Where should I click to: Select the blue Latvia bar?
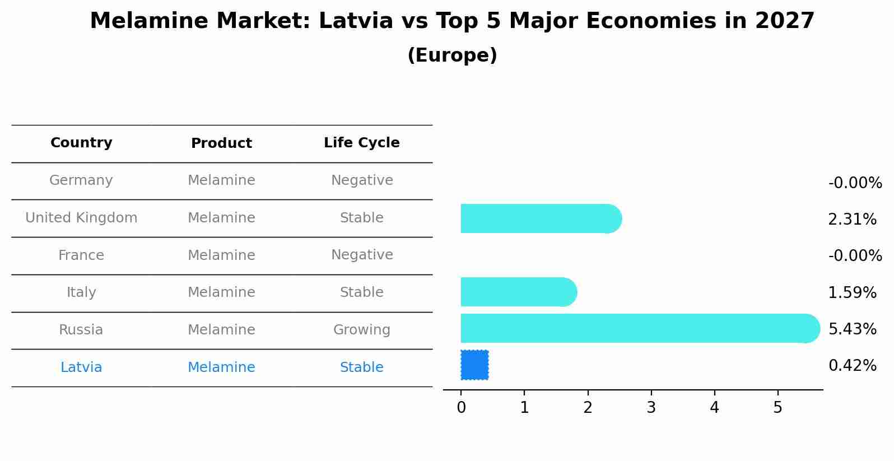coord(474,365)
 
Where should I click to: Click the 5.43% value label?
coord(852,329)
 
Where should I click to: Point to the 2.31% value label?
coord(852,219)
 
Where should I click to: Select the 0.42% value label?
coord(852,366)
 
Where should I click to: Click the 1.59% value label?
coord(852,292)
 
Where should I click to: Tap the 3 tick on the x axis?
coord(651,408)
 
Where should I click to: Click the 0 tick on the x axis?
coord(461,408)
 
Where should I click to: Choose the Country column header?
coord(81,143)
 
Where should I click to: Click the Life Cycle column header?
coord(361,143)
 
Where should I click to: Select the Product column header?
coord(221,143)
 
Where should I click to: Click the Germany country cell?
coord(81,180)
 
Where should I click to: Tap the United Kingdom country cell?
coord(81,218)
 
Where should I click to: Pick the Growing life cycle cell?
coord(361,330)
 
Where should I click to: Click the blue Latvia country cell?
coord(81,367)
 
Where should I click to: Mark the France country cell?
coord(81,255)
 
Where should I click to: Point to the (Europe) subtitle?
coord(452,55)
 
